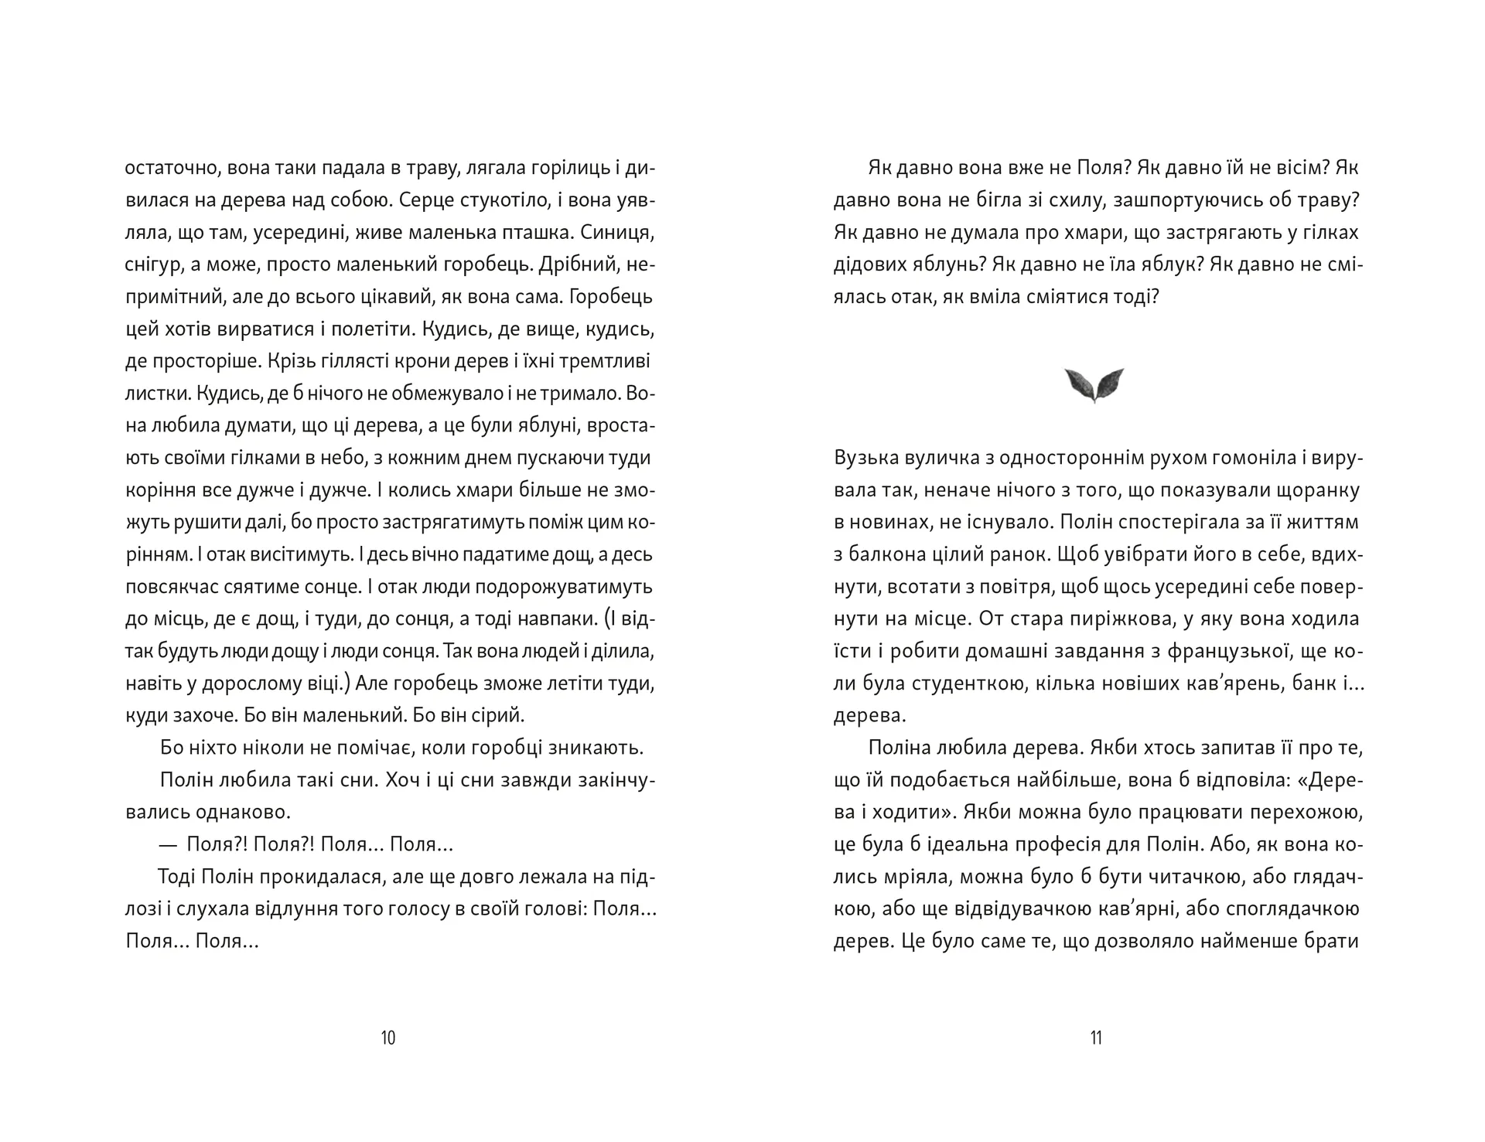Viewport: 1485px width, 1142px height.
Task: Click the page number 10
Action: pyautogui.click(x=388, y=1038)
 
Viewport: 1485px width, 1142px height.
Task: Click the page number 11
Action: pyautogui.click(x=1095, y=1038)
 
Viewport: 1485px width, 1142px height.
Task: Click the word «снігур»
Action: pyautogui.click(x=150, y=265)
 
